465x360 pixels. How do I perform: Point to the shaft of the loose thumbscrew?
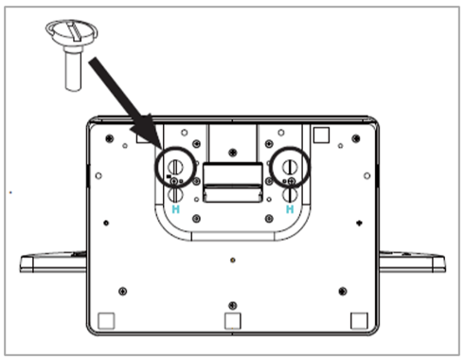pos(74,69)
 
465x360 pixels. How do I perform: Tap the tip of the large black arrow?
pos(162,149)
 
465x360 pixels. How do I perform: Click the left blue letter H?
pos(175,209)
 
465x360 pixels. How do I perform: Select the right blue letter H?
pos(290,209)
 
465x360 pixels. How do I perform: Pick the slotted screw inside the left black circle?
pos(175,167)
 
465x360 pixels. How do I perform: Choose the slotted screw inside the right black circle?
pos(290,167)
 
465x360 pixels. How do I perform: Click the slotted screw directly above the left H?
pos(175,194)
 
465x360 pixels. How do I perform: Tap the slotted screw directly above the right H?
pos(290,194)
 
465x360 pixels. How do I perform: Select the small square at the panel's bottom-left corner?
pos(106,321)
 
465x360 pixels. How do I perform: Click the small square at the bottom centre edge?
pos(233,321)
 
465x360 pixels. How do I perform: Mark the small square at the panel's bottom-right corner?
pos(359,321)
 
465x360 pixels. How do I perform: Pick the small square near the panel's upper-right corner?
pos(321,135)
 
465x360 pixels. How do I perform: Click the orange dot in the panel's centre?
pos(233,261)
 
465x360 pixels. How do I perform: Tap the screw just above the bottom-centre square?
pos(233,305)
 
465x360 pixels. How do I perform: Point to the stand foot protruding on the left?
pos(53,262)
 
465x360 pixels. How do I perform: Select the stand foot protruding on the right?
pos(412,262)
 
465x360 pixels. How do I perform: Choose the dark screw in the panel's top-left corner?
pos(110,138)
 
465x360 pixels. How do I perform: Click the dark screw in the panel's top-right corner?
pos(356,138)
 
